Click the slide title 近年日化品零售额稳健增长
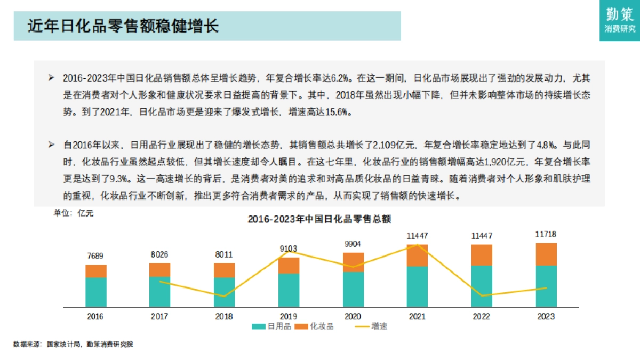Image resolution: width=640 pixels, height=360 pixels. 123,26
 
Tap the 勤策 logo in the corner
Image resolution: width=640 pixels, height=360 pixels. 620,20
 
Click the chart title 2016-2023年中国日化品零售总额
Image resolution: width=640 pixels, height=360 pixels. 319,219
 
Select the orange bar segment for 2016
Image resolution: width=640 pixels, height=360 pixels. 96,271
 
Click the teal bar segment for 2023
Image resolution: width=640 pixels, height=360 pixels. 546,286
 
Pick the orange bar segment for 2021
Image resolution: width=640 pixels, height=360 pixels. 417,256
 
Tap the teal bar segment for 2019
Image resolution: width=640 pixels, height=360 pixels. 289,290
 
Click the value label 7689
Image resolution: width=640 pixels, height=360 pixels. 96,257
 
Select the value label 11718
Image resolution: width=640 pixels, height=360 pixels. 546,235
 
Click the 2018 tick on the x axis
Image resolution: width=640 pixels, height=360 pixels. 224,316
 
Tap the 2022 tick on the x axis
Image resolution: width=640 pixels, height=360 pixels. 482,316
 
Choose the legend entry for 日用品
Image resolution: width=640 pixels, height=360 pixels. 272,326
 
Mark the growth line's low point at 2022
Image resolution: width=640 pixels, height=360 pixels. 482,295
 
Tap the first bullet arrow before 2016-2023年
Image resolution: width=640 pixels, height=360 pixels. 51,78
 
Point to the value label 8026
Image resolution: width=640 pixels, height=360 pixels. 160,255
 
